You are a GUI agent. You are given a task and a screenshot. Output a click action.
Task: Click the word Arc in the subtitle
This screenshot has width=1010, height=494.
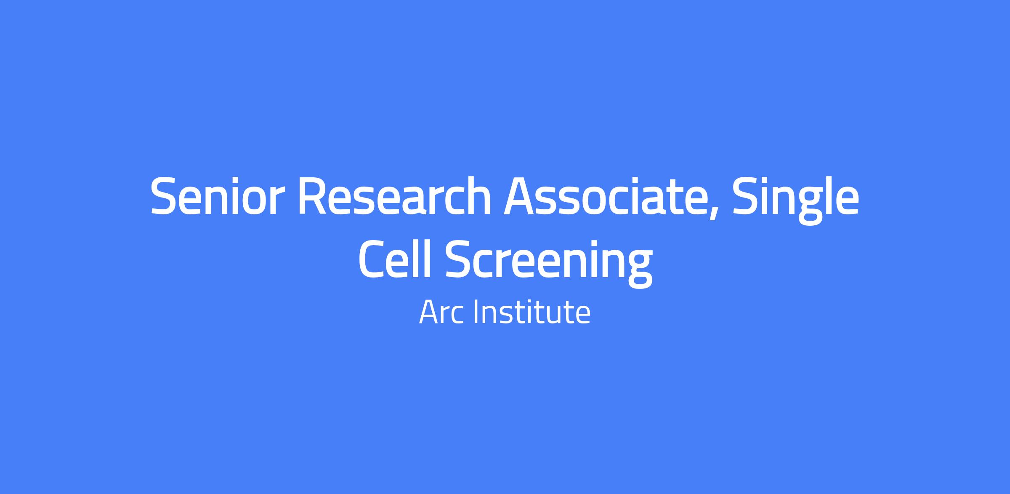pyautogui.click(x=441, y=312)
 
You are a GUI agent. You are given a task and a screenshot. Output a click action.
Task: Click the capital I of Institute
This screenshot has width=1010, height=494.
pyautogui.click(x=476, y=312)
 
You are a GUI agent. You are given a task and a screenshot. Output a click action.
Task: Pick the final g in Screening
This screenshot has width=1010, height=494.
pyautogui.click(x=638, y=268)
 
